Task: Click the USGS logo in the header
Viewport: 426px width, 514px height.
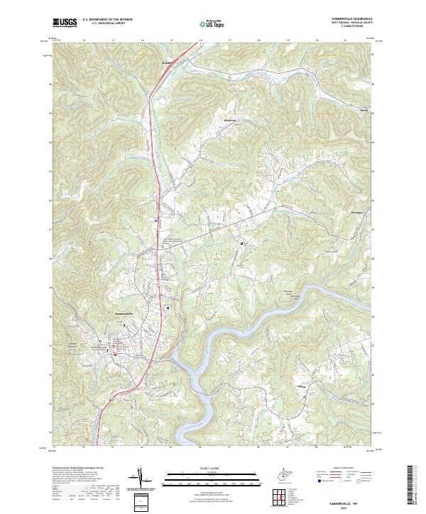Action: tap(65, 23)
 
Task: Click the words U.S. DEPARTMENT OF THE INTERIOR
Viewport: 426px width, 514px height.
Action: tap(107, 20)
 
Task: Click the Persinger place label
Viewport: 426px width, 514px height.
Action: tap(357, 212)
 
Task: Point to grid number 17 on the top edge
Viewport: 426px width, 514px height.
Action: tap(230, 40)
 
